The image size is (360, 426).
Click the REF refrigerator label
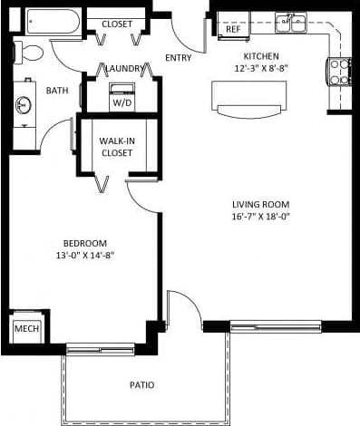point(233,29)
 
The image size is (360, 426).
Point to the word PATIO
point(141,384)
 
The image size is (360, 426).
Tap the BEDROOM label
point(84,243)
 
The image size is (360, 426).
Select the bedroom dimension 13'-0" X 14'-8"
point(84,256)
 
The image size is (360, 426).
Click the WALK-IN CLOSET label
point(116,147)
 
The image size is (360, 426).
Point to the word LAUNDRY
point(122,69)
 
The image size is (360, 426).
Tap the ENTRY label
point(179,58)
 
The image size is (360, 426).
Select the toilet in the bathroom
point(30,53)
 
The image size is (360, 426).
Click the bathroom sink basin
point(24,104)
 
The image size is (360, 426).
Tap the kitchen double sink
point(291,23)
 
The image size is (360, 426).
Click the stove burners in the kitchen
point(340,72)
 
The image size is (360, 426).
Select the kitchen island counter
point(248,96)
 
